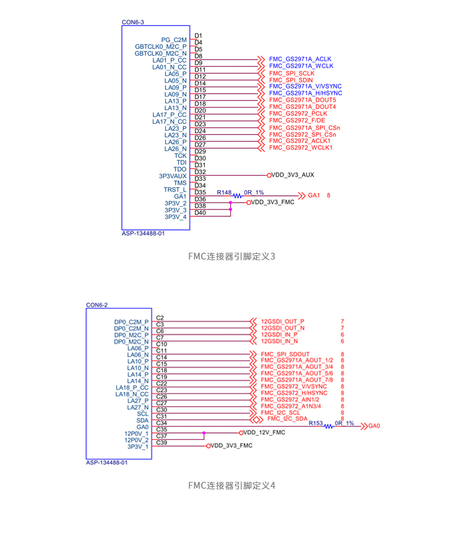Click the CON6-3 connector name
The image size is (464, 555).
(x=132, y=22)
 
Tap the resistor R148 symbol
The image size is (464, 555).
(x=238, y=196)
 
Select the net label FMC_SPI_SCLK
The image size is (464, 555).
(x=292, y=73)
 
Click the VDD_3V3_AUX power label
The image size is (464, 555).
(x=293, y=175)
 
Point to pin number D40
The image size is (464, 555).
(x=200, y=212)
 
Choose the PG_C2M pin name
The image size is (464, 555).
(x=174, y=40)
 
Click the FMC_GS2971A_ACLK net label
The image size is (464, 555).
(x=300, y=59)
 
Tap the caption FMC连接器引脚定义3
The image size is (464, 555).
(x=231, y=256)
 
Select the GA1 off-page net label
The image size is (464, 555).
(x=314, y=195)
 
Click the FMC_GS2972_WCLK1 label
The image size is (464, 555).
(x=301, y=147)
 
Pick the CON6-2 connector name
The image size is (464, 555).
(x=97, y=305)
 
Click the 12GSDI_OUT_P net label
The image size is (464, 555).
(x=283, y=321)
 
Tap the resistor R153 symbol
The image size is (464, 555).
(x=329, y=427)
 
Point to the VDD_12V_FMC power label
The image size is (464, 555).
(x=264, y=432)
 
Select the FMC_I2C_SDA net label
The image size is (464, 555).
(x=288, y=419)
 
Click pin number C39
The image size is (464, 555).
(x=161, y=443)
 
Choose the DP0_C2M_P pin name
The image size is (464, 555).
(x=131, y=322)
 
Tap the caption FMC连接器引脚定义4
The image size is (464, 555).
(x=231, y=485)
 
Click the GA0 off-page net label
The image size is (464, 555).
(x=374, y=426)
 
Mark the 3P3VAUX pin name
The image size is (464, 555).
(x=173, y=176)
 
